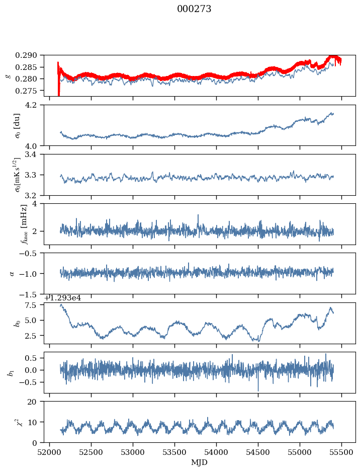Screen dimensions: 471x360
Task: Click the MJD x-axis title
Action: pyautogui.click(x=200, y=462)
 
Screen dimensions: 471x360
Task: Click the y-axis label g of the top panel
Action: pyautogui.click(x=8, y=75)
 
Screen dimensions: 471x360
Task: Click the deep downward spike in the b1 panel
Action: pyautogui.click(x=258, y=390)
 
